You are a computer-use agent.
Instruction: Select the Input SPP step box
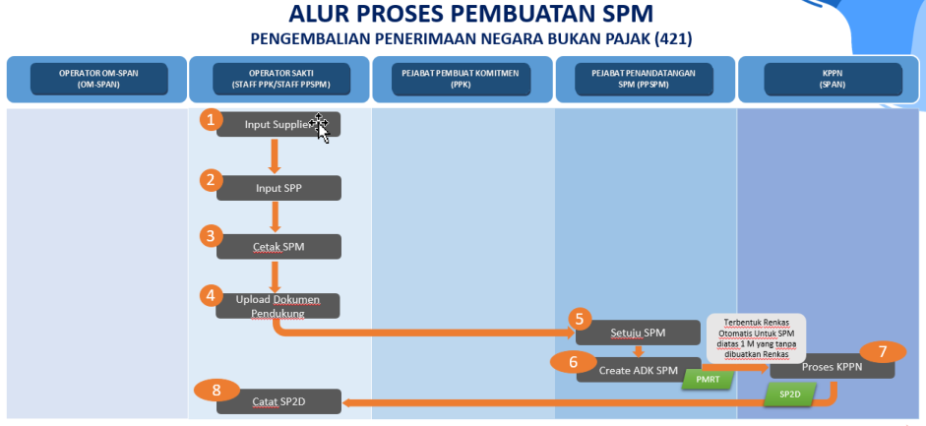[x=279, y=188]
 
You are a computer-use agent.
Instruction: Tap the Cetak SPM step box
[x=279, y=247]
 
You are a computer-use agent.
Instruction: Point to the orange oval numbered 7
[x=883, y=351]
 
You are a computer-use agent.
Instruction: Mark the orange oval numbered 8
[x=216, y=390]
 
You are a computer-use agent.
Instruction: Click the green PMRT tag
[x=707, y=379]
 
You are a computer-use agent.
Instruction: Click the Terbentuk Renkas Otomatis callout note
[x=757, y=337]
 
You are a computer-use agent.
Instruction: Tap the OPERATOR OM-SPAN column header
[x=97, y=79]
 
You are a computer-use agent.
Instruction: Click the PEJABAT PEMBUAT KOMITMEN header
[x=463, y=79]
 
